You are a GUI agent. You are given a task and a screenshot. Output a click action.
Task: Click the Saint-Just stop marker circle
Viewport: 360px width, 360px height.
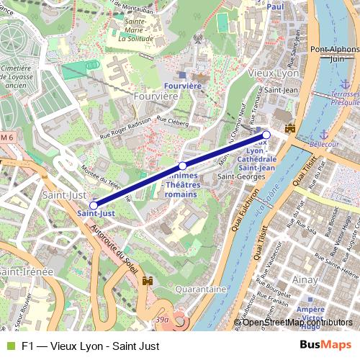tap(94, 205)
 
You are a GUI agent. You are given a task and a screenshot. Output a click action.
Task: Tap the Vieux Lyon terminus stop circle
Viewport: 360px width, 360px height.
tap(266, 135)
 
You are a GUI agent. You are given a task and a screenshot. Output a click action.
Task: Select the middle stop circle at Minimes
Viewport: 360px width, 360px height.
tap(182, 166)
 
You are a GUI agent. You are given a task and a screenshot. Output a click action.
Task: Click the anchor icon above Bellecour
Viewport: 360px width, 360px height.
tap(323, 134)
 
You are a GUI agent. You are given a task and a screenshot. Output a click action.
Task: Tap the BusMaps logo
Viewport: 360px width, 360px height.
tap(326, 346)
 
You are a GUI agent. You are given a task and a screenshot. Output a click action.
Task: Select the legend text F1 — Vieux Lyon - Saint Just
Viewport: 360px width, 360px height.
tap(90, 346)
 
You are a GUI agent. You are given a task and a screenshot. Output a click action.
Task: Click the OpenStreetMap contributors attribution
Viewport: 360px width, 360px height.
tap(297, 323)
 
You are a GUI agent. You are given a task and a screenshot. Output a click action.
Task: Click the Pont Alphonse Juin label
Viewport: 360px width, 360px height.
tap(336, 55)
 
